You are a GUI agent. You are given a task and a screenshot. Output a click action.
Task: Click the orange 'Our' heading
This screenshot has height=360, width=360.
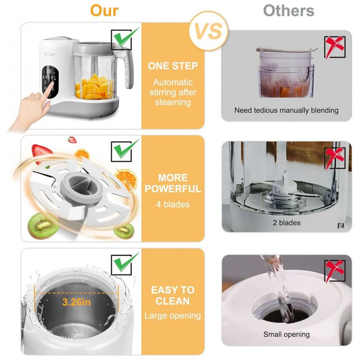click(104, 10)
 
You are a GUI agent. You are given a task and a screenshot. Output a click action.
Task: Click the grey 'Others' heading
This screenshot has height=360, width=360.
click(288, 10)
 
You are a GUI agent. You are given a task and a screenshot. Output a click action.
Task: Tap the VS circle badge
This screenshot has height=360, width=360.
click(208, 31)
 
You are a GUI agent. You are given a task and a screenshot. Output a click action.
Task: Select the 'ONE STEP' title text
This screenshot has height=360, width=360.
click(173, 66)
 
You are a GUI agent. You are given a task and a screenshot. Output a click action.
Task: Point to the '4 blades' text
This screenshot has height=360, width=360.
click(173, 204)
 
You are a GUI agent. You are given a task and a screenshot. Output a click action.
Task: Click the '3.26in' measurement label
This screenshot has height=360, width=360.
click(76, 302)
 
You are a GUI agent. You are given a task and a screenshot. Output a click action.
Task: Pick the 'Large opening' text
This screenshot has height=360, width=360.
click(173, 316)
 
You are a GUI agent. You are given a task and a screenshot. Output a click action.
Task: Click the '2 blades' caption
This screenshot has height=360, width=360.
click(287, 222)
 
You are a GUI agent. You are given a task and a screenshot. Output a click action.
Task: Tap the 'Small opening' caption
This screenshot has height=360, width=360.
click(286, 334)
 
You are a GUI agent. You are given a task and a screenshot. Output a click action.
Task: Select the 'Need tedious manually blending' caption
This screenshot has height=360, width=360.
click(286, 110)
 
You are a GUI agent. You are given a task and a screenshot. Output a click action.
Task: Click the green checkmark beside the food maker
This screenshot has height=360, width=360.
click(126, 37)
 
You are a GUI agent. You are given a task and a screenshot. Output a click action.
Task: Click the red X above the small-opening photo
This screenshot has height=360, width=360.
click(334, 271)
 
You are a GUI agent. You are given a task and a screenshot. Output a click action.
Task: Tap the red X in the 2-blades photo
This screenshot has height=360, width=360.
click(334, 158)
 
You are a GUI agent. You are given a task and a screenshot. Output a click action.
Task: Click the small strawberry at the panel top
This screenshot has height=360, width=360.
click(72, 139)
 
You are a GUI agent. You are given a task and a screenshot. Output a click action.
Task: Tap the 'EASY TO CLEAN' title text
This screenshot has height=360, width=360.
click(173, 296)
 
